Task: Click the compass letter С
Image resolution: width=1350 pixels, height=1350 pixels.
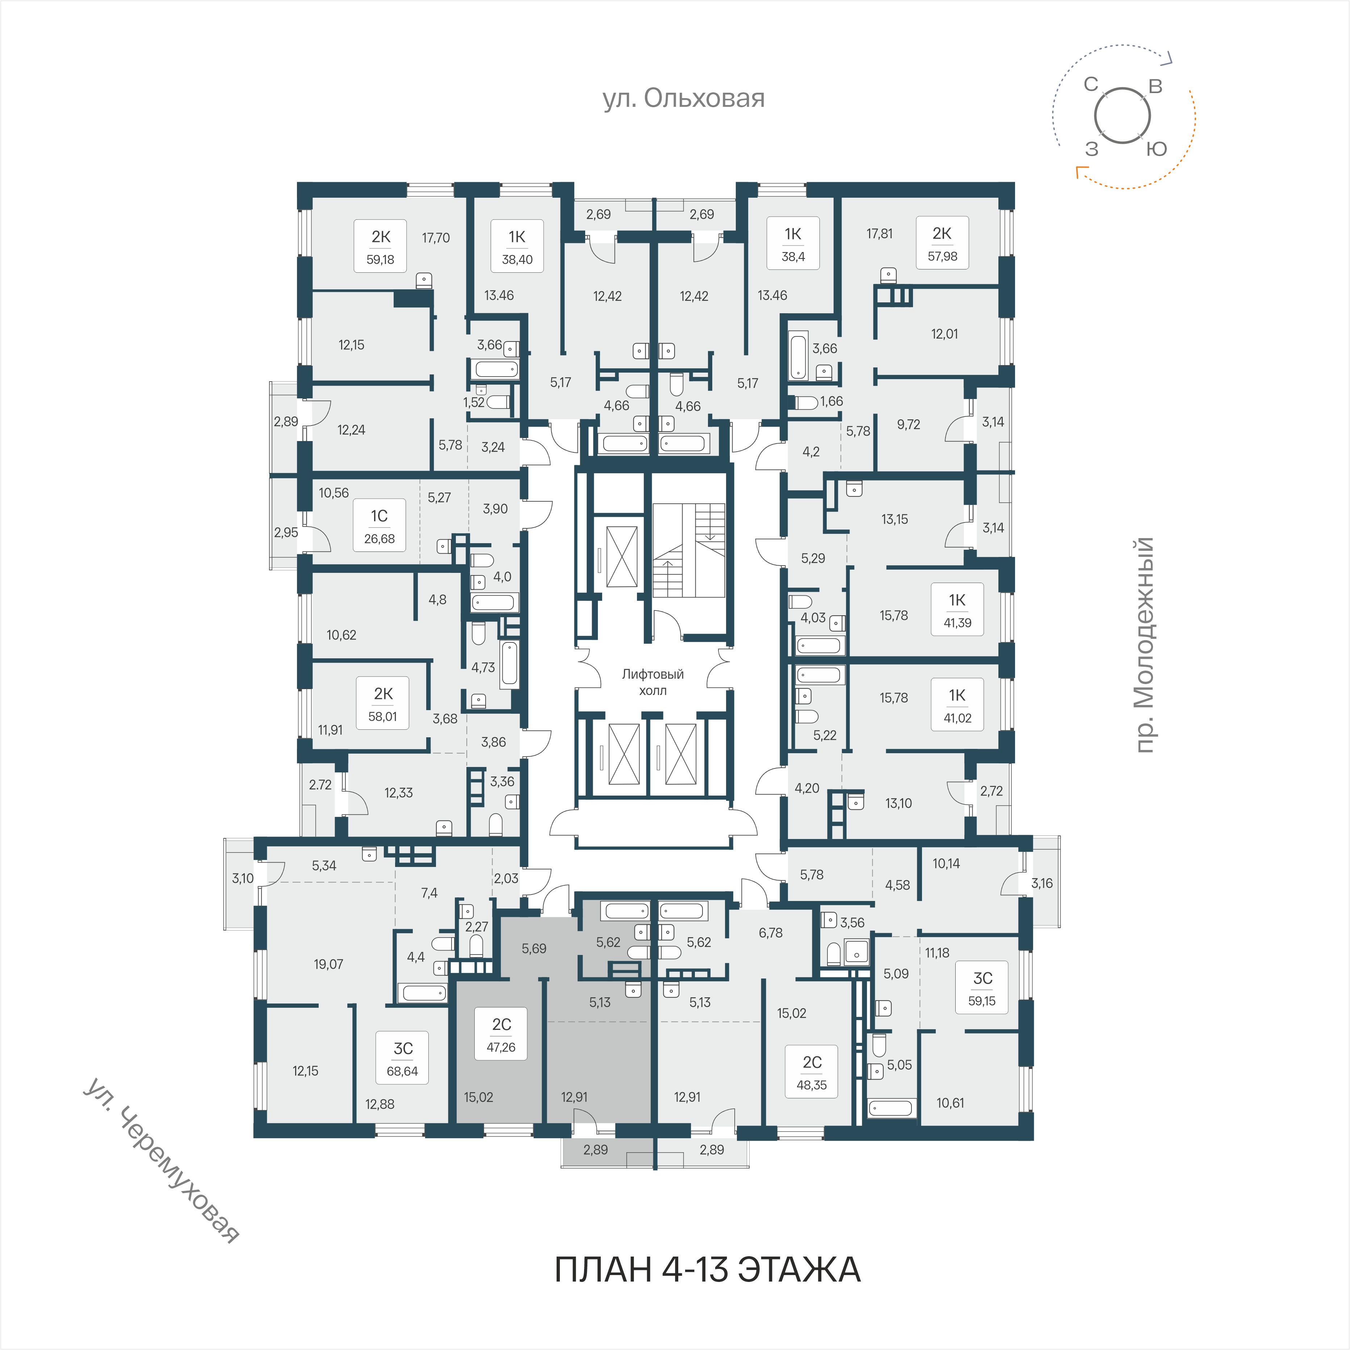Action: pyautogui.click(x=1091, y=84)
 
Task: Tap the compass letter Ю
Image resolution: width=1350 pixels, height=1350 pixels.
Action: pyautogui.click(x=1157, y=149)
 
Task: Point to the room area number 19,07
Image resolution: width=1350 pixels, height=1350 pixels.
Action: pyautogui.click(x=328, y=964)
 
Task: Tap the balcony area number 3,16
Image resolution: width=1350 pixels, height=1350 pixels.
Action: pyautogui.click(x=1042, y=883)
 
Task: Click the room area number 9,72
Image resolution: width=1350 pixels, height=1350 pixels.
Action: pyautogui.click(x=908, y=424)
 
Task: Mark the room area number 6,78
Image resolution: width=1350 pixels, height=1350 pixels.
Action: pyautogui.click(x=771, y=933)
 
